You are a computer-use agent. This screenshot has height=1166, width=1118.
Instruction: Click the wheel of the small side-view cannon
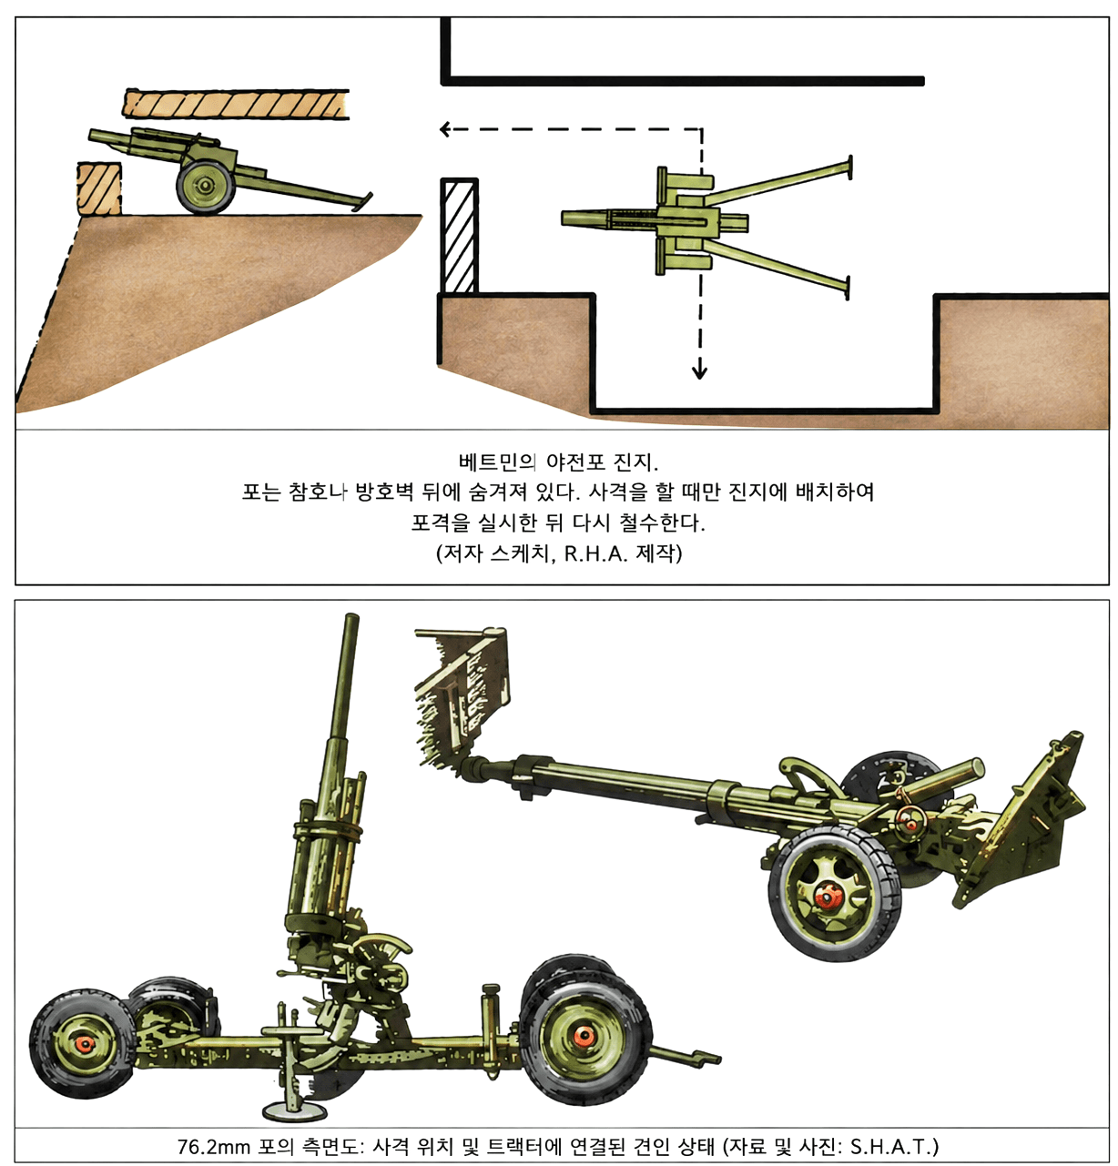(x=205, y=186)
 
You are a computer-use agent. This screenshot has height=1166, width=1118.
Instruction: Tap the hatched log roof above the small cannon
(x=236, y=103)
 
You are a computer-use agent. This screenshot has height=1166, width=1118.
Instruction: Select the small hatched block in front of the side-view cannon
(x=99, y=188)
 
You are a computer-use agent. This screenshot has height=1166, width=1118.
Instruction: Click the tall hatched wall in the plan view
(x=460, y=236)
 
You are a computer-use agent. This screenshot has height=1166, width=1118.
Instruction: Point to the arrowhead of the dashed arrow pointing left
(x=445, y=129)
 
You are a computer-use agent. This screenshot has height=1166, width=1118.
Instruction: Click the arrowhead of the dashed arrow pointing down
(x=699, y=372)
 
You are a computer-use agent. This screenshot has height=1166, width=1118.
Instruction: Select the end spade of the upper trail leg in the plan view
(x=849, y=167)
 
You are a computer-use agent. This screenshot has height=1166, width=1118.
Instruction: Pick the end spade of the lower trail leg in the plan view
(x=847, y=288)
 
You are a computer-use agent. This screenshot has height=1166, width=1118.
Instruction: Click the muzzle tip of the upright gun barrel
(x=352, y=616)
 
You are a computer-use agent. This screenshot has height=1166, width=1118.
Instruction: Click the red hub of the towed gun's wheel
(x=828, y=897)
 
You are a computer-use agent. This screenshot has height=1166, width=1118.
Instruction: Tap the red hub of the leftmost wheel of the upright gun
(x=86, y=1044)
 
